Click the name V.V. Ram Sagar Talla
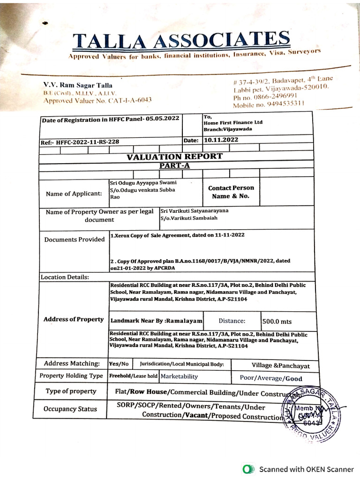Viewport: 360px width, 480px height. point(78,85)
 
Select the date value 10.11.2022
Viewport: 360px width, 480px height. point(221,140)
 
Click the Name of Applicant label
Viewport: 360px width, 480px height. point(74,194)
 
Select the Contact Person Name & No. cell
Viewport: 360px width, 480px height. point(231,192)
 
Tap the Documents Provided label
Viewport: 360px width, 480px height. point(74,240)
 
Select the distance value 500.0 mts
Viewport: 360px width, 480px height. point(277,322)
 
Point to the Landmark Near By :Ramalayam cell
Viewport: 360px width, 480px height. point(156,321)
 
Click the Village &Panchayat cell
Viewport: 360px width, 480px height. point(280,366)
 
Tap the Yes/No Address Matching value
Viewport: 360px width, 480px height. point(119,364)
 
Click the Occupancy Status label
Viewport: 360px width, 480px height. point(70,409)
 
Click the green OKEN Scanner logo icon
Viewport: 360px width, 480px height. point(248,469)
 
